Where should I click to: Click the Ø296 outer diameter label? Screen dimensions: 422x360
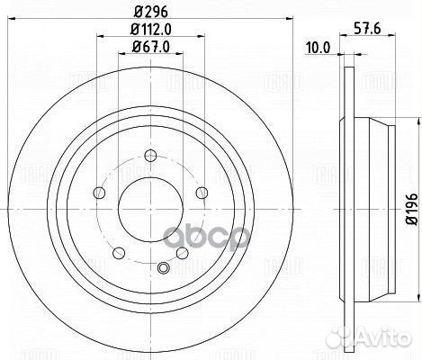pos(150,13)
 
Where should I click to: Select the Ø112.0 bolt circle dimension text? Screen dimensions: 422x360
pos(150,30)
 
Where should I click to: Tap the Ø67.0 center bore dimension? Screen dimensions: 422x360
pos(150,47)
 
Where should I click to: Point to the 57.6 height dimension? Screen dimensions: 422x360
pos(367,29)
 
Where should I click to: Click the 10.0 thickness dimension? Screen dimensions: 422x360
pos(318,48)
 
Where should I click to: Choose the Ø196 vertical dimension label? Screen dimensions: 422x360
pos(412,209)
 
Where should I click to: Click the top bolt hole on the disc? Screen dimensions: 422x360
pos(150,156)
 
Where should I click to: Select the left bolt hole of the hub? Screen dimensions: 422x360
pos(99,193)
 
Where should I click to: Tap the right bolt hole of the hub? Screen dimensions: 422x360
pos(202,193)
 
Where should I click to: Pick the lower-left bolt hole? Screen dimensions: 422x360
pos(119,253)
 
